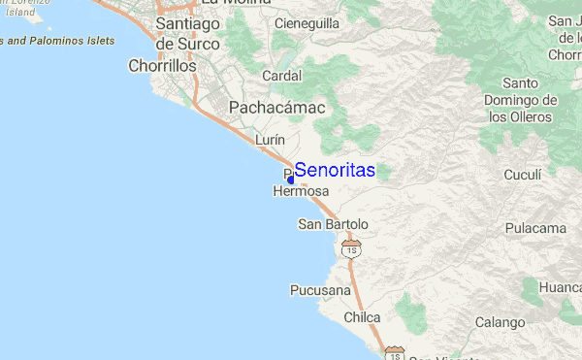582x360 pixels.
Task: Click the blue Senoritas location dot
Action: (x=291, y=180)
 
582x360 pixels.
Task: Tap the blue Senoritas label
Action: (x=335, y=170)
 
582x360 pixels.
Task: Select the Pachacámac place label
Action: (x=276, y=107)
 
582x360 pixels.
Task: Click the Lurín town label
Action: (x=270, y=140)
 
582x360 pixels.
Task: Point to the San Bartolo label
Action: (x=333, y=225)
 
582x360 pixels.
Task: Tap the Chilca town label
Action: (x=362, y=317)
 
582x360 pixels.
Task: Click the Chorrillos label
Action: (x=162, y=67)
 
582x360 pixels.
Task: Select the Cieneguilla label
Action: (x=308, y=21)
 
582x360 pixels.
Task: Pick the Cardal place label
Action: (x=283, y=74)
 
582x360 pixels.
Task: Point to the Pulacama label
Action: (x=535, y=228)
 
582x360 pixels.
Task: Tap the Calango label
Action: (x=501, y=322)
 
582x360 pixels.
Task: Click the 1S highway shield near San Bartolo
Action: (x=352, y=249)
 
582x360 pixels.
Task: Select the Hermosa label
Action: (x=302, y=192)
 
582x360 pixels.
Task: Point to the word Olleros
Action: (x=529, y=117)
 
